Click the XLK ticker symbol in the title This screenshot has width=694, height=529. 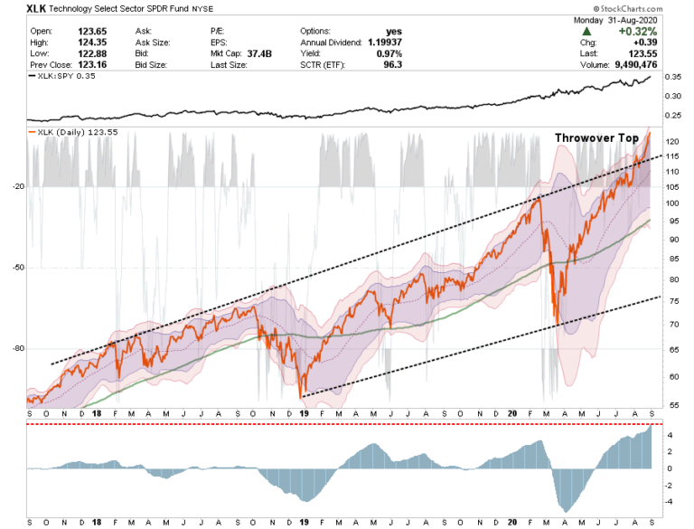tap(36, 8)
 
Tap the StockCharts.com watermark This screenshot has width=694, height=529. tap(628, 9)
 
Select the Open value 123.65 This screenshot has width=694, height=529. tap(92, 32)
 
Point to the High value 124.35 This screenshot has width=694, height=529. tap(92, 43)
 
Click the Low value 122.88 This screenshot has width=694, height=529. tap(92, 53)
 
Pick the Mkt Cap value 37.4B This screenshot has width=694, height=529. tap(259, 53)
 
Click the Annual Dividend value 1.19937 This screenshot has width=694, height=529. tap(385, 43)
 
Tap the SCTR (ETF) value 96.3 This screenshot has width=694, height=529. tap(393, 65)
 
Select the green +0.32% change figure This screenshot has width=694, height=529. tap(638, 32)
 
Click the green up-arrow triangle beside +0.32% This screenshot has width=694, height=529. tap(586, 32)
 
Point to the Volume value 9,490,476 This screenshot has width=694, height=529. tap(635, 65)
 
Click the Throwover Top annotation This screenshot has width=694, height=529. tap(596, 138)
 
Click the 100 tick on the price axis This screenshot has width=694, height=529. tap(672, 203)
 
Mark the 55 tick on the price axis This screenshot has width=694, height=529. tap(674, 405)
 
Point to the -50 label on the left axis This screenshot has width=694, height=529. tap(19, 268)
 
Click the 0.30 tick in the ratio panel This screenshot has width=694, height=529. tap(672, 96)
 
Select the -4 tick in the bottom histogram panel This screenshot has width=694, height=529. tap(670, 502)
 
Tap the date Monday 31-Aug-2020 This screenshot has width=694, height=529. tap(615, 21)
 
